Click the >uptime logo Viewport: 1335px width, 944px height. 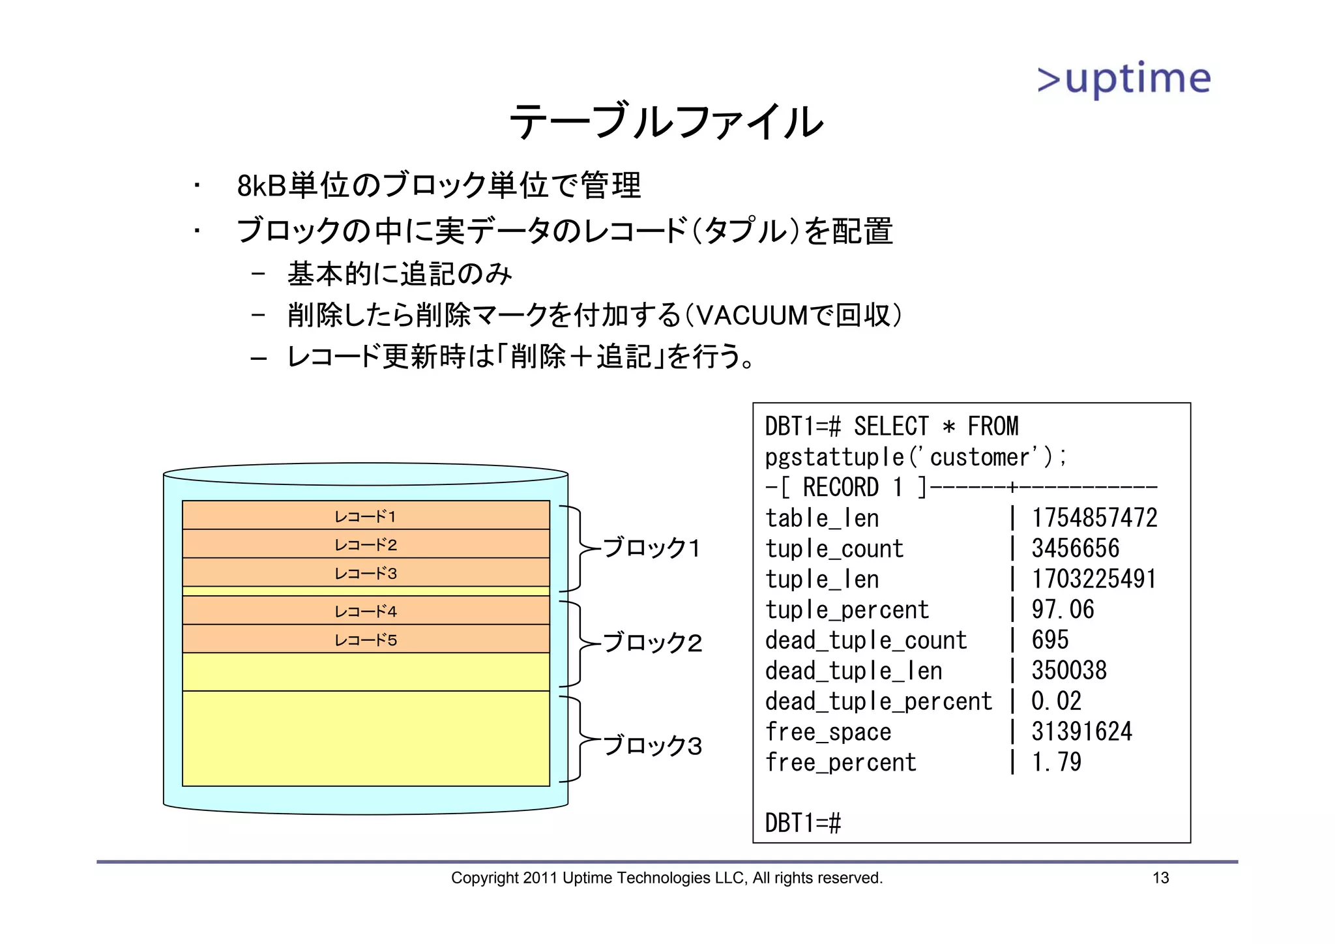click(x=1124, y=80)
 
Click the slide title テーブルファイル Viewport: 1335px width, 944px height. click(x=666, y=122)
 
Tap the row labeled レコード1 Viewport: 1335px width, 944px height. click(x=366, y=516)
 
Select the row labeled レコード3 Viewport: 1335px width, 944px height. click(x=366, y=573)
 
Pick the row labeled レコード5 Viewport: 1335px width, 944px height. click(x=366, y=640)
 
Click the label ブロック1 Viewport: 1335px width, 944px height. click(x=651, y=548)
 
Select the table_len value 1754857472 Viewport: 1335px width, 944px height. click(x=1094, y=518)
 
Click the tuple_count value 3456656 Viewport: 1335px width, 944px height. click(x=1075, y=548)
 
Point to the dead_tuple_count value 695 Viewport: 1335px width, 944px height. click(x=1049, y=640)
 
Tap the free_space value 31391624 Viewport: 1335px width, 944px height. click(x=1081, y=731)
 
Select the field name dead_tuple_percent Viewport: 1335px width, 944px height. click(x=878, y=701)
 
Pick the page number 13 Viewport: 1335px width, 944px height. click(x=1160, y=878)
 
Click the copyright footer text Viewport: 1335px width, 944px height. click(x=666, y=878)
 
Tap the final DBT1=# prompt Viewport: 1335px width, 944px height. click(x=802, y=823)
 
